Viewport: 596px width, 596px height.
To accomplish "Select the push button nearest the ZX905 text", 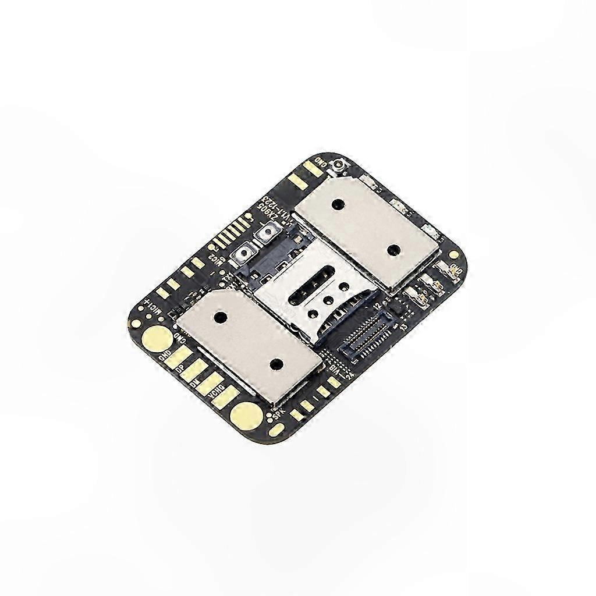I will [x=267, y=234].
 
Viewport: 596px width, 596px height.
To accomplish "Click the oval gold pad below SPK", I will [x=276, y=430].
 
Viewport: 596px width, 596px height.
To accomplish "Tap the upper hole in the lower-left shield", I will [x=221, y=318].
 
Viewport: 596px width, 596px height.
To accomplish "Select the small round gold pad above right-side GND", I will [x=453, y=254].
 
